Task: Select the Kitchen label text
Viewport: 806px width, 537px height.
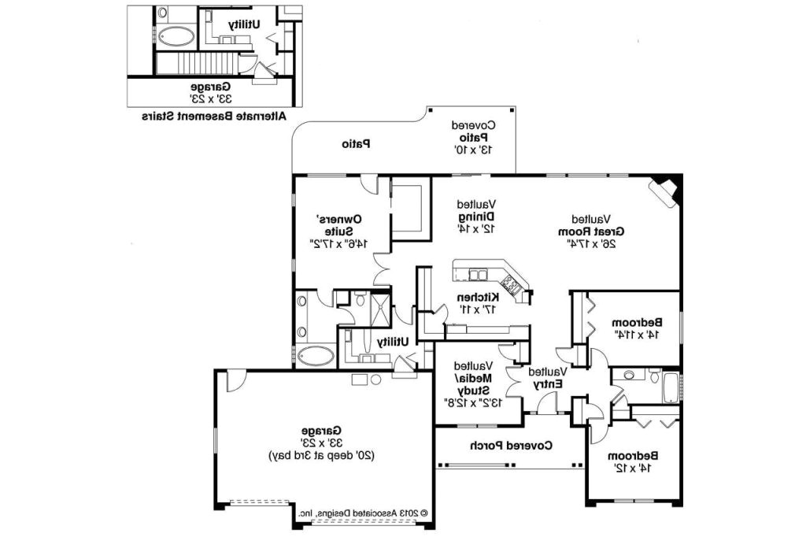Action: click(478, 302)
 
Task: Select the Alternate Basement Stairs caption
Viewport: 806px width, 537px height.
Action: click(214, 116)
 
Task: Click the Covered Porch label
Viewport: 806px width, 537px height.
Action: click(512, 446)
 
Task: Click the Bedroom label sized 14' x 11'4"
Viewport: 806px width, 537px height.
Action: click(638, 328)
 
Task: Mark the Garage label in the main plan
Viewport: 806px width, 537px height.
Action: click(320, 443)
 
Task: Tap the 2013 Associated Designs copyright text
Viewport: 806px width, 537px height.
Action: click(363, 512)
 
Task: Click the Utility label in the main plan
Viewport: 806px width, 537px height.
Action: click(392, 342)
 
